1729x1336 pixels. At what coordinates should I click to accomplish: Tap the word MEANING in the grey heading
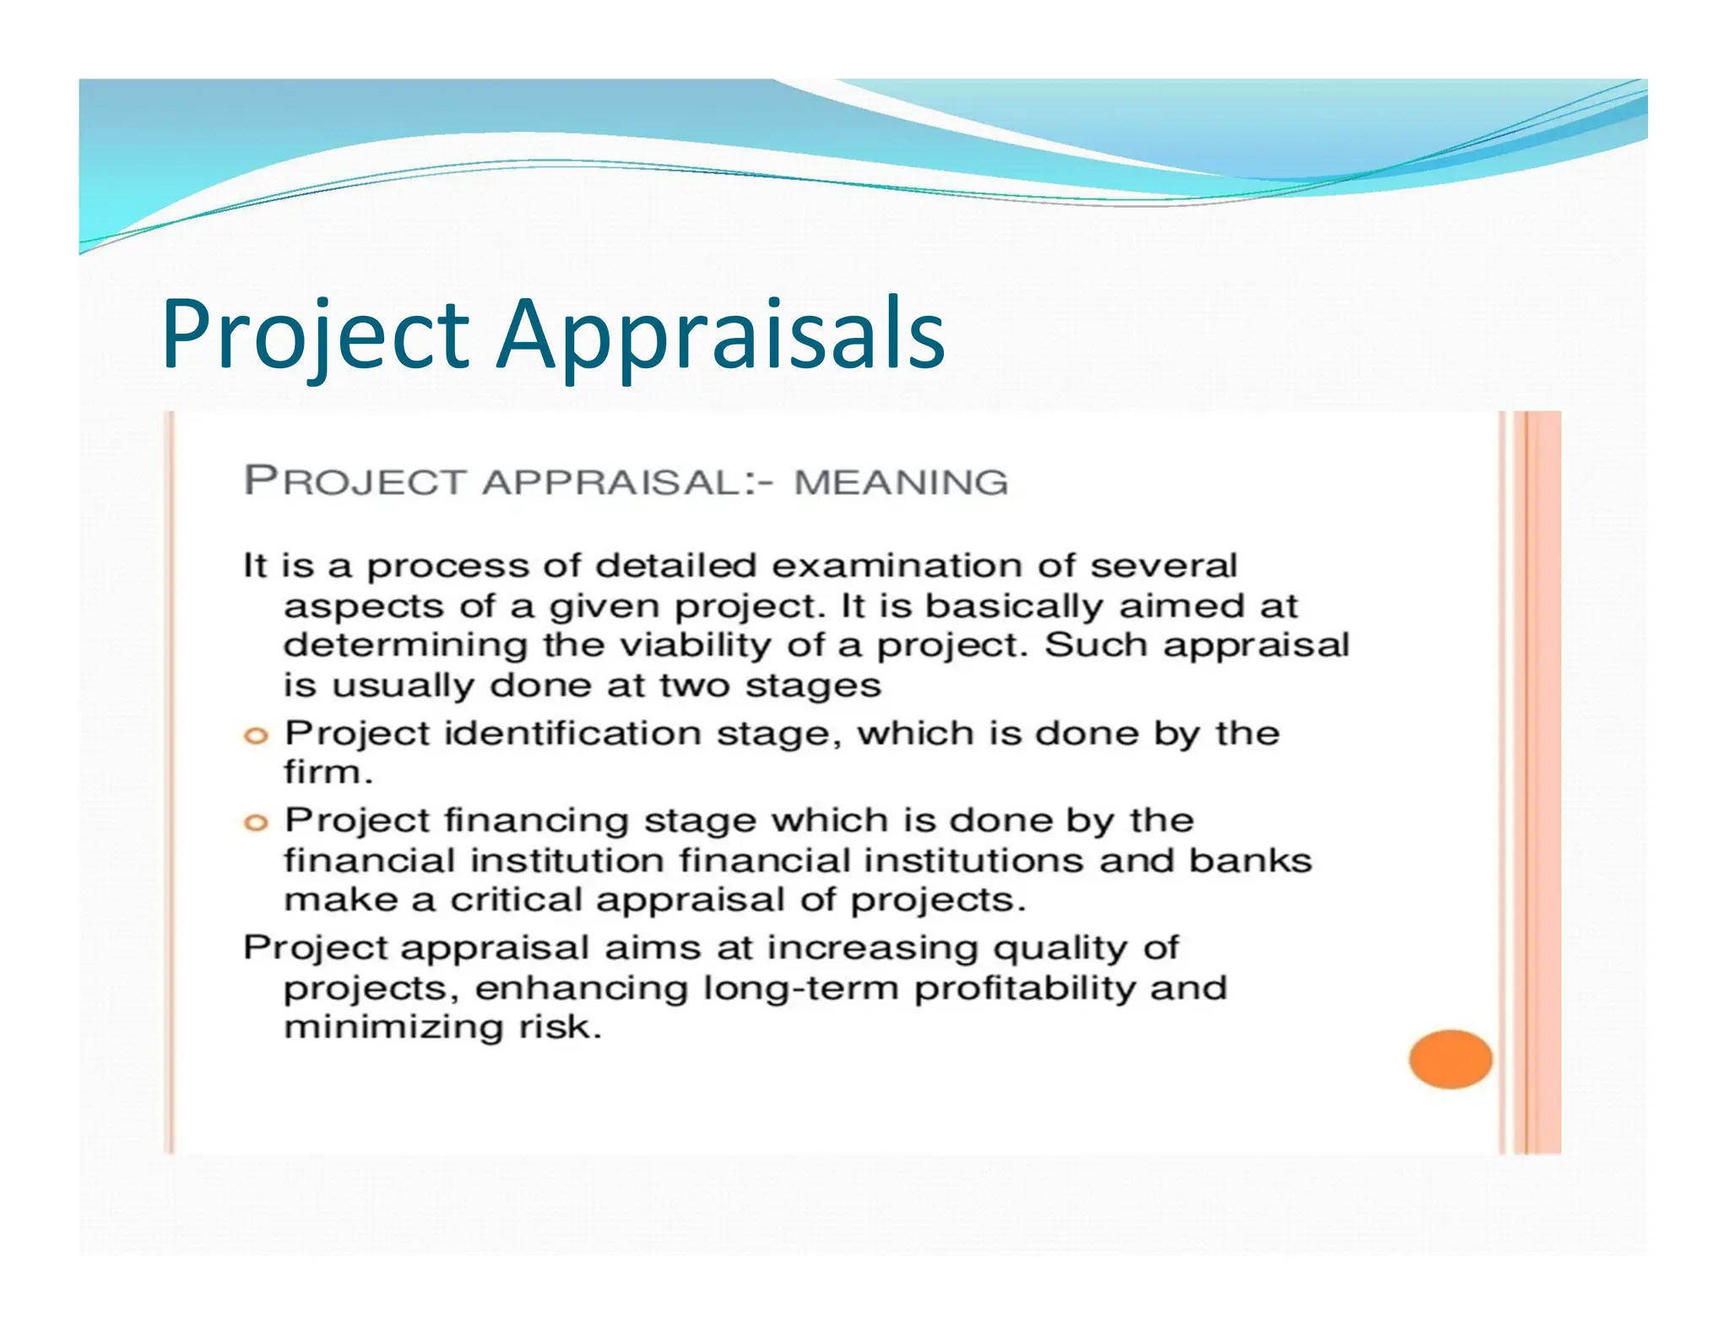coord(901,482)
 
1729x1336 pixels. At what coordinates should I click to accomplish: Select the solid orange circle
coord(1450,1059)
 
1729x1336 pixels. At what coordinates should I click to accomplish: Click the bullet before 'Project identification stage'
coord(255,736)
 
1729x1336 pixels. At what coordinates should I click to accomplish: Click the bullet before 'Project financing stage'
coord(255,823)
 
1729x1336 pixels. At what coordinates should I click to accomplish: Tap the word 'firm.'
coord(328,772)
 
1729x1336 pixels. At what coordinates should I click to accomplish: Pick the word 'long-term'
coord(800,987)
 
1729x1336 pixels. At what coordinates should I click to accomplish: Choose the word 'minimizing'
coord(393,1028)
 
